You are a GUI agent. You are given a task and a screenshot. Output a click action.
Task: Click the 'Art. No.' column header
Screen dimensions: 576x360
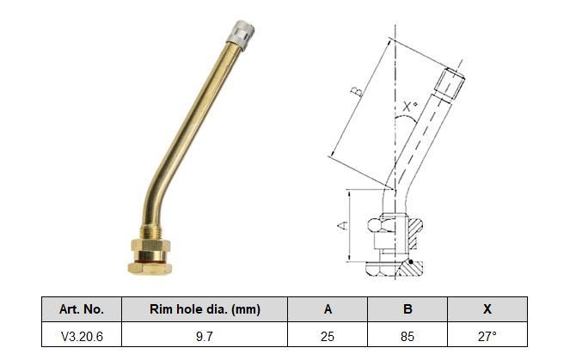(x=82, y=309)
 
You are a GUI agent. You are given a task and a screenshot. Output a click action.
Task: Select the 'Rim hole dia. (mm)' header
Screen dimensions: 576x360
(x=205, y=309)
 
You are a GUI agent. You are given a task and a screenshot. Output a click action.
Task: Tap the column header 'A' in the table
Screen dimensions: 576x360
(x=328, y=309)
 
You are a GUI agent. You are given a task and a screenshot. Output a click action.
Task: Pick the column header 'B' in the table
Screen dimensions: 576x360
(x=407, y=309)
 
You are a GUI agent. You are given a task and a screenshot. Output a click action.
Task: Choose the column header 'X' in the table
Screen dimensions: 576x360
(x=487, y=309)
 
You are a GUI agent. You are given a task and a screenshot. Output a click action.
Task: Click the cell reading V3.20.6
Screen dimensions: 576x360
(x=82, y=336)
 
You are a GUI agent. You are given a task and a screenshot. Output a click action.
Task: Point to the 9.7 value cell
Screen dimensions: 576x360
(x=205, y=336)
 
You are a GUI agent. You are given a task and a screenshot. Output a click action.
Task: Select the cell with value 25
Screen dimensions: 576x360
(x=328, y=336)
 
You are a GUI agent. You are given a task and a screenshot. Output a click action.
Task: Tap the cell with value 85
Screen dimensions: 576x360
(x=407, y=336)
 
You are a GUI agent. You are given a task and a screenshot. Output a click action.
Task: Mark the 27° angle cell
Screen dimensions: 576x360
(x=487, y=336)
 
